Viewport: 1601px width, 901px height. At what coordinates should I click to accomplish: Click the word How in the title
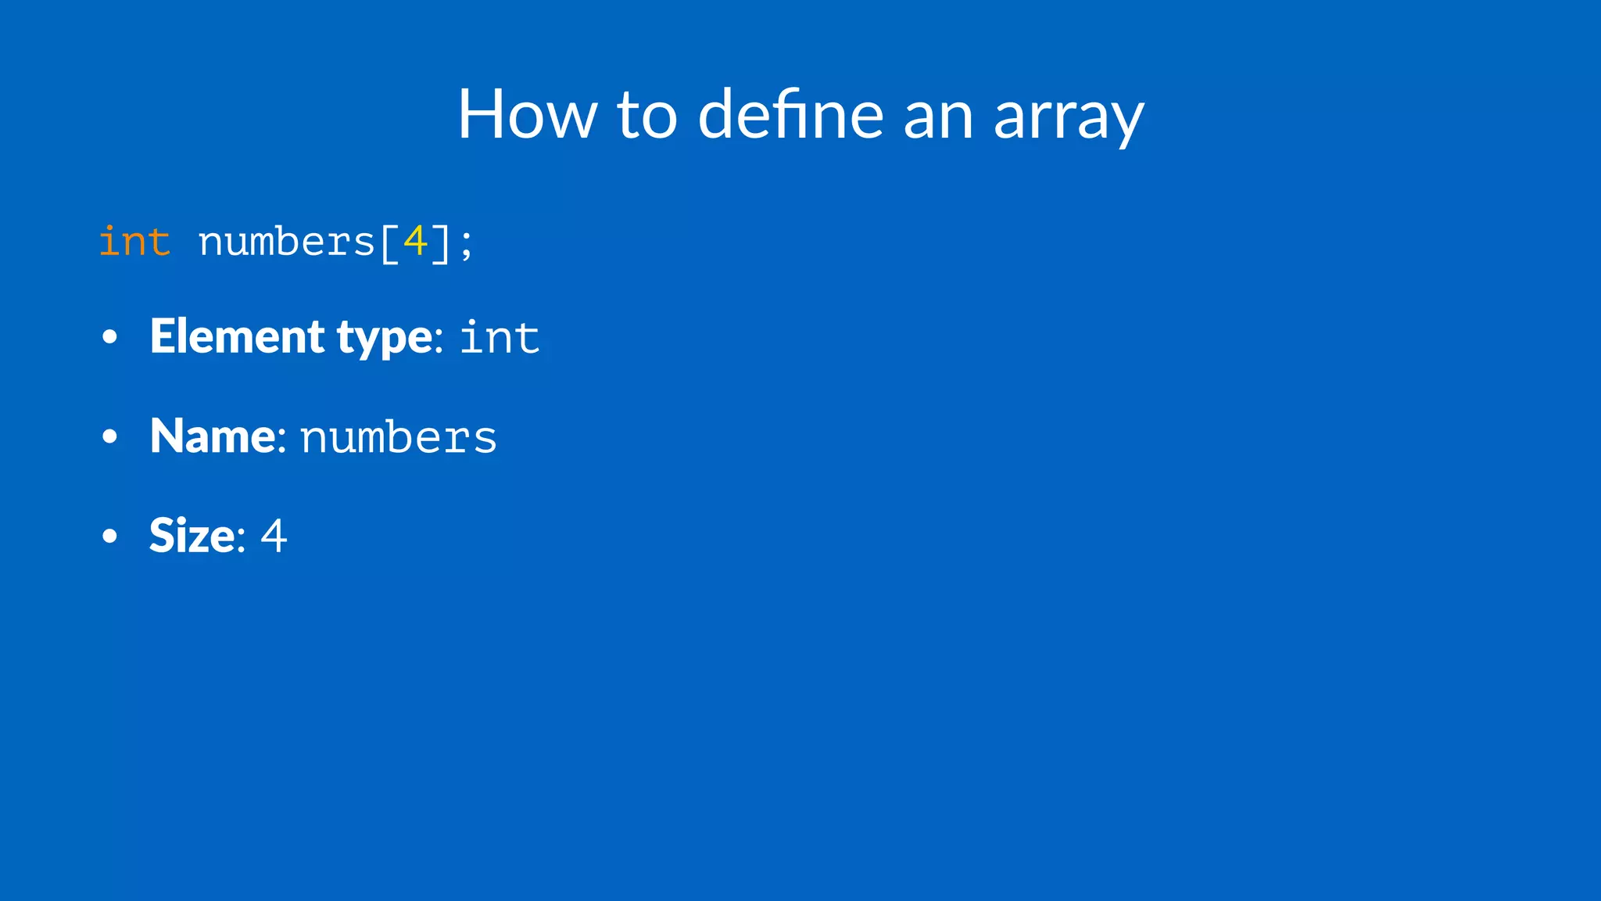click(527, 115)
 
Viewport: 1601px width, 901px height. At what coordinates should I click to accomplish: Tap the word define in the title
click(790, 115)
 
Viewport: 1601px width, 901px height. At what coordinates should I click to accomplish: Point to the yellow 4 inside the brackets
click(415, 241)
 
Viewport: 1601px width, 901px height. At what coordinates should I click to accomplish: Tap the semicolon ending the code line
click(467, 244)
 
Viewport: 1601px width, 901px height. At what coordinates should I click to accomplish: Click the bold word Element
click(237, 336)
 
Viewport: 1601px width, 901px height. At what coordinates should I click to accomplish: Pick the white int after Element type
click(500, 339)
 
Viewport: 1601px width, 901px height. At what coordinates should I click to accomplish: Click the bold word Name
click(213, 436)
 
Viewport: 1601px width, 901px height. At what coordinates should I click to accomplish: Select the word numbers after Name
click(398, 437)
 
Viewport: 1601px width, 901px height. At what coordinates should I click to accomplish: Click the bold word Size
click(192, 536)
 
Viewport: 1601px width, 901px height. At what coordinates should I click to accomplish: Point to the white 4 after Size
click(274, 537)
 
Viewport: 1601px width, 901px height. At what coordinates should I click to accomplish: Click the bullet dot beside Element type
click(109, 338)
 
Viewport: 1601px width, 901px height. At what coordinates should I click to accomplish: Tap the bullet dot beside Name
click(109, 437)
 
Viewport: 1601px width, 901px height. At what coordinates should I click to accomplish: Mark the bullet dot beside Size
click(109, 537)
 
